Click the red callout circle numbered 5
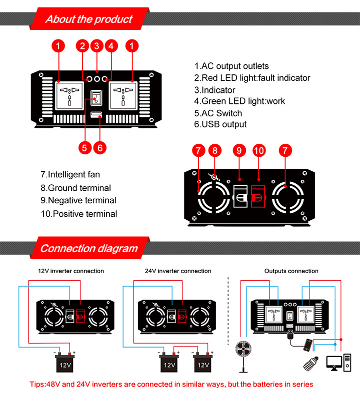pyautogui.click(x=85, y=148)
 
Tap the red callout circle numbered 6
pyautogui.click(x=100, y=148)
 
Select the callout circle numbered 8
pyautogui.click(x=214, y=150)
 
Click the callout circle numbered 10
pyautogui.click(x=258, y=150)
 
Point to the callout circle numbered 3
pyautogui.click(x=97, y=46)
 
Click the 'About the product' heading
pyautogui.click(x=89, y=19)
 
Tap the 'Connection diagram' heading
pyautogui.click(x=88, y=248)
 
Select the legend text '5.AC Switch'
pyautogui.click(x=218, y=113)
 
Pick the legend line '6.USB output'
pyautogui.click(x=220, y=124)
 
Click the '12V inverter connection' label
pyautogui.click(x=71, y=271)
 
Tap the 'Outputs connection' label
pyautogui.click(x=291, y=271)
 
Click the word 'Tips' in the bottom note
pyautogui.click(x=38, y=384)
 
